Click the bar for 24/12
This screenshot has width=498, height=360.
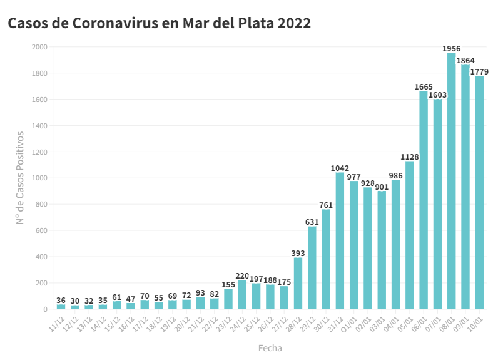(x=242, y=295)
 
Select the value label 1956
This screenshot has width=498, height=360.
(x=451, y=48)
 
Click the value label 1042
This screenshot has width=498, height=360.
(x=340, y=168)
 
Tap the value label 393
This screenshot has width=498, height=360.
(x=298, y=253)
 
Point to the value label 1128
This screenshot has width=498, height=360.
(x=410, y=157)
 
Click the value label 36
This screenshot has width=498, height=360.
(x=61, y=301)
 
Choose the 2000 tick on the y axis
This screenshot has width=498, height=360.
(x=39, y=47)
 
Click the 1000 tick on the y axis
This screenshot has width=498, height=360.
(x=39, y=178)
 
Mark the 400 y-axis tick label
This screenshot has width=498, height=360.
(x=41, y=257)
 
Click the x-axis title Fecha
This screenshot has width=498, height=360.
(x=270, y=347)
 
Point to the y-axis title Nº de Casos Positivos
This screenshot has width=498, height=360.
(x=20, y=177)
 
